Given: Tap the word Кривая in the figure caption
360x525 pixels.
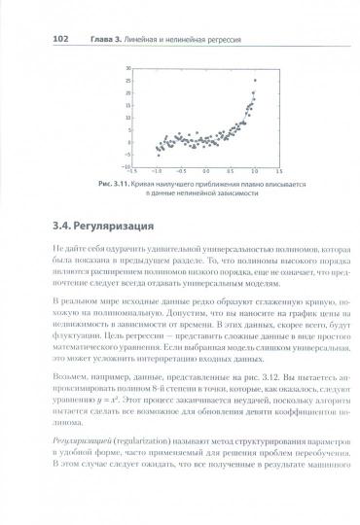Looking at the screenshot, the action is pos(148,184).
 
